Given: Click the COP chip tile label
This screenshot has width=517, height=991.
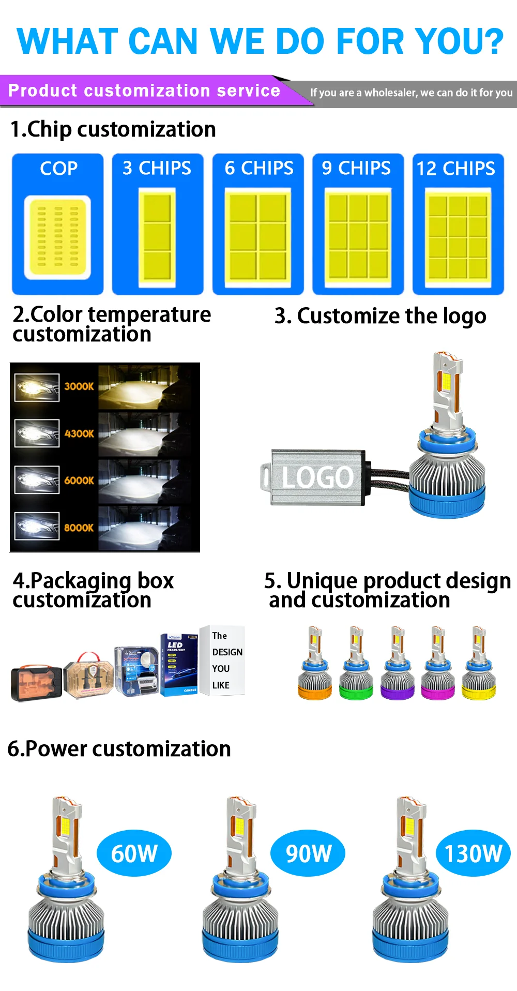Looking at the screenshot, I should coord(58,169).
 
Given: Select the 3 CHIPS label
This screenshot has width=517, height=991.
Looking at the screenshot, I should coord(157,168).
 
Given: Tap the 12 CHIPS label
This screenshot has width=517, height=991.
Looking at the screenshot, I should coord(455,169).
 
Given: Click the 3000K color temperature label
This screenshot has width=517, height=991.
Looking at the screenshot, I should coord(79,386).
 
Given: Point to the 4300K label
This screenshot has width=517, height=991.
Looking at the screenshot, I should coord(79,433).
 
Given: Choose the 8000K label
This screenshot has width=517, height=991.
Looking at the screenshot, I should coord(79,528).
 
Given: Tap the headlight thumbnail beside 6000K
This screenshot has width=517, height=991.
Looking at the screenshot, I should coord(37,480).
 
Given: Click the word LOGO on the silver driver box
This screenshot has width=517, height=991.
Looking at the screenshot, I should coord(317,477).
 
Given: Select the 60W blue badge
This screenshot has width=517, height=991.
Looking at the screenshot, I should coord(134,853).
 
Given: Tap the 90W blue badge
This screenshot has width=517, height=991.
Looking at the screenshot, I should coord(308,853).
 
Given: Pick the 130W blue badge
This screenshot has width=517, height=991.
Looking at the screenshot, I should coord(473,853).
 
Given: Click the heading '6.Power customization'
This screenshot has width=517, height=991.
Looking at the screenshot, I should coord(119,748).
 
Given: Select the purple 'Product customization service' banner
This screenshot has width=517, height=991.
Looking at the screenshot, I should coord(144,91).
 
